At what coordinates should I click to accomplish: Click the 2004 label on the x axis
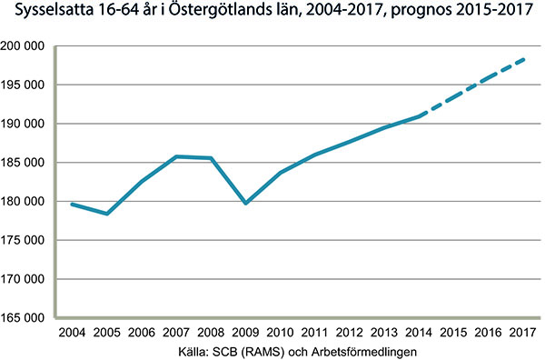tap(72, 334)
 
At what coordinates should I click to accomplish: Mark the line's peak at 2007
tap(177, 156)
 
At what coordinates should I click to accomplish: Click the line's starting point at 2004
tap(72, 204)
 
